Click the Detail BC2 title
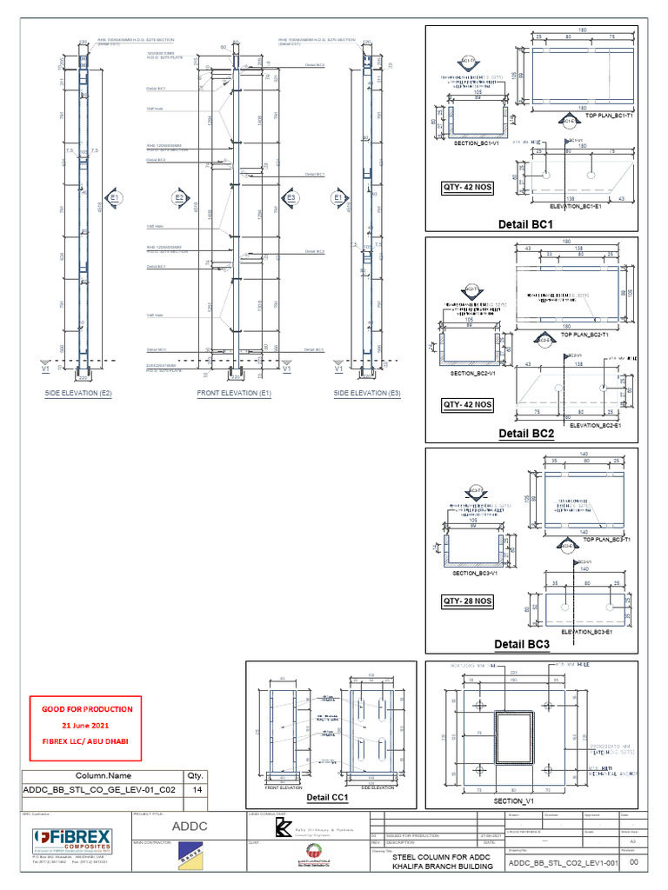526,433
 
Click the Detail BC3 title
522,644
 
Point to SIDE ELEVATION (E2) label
78,393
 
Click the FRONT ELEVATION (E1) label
234,393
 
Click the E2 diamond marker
179,198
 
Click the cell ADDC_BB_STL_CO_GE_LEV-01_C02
103,789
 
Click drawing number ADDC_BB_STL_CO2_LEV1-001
563,864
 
